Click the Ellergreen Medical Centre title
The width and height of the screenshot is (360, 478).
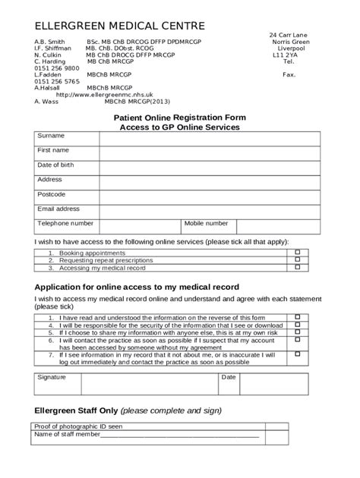click(119, 27)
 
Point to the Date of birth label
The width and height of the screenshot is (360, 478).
click(56, 165)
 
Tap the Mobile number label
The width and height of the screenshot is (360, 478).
click(206, 224)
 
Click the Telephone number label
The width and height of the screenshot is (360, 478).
click(66, 224)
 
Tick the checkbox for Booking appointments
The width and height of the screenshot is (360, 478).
click(298, 252)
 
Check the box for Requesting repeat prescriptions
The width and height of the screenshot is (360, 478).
click(298, 260)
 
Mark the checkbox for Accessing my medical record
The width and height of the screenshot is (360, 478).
click(298, 269)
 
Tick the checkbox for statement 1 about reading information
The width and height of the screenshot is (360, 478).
click(298, 317)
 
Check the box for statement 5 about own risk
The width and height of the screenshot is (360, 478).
click(298, 332)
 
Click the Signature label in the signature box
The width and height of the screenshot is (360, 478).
click(52, 377)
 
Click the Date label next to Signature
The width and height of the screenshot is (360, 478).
click(229, 377)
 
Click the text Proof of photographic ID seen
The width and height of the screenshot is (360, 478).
click(79, 427)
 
